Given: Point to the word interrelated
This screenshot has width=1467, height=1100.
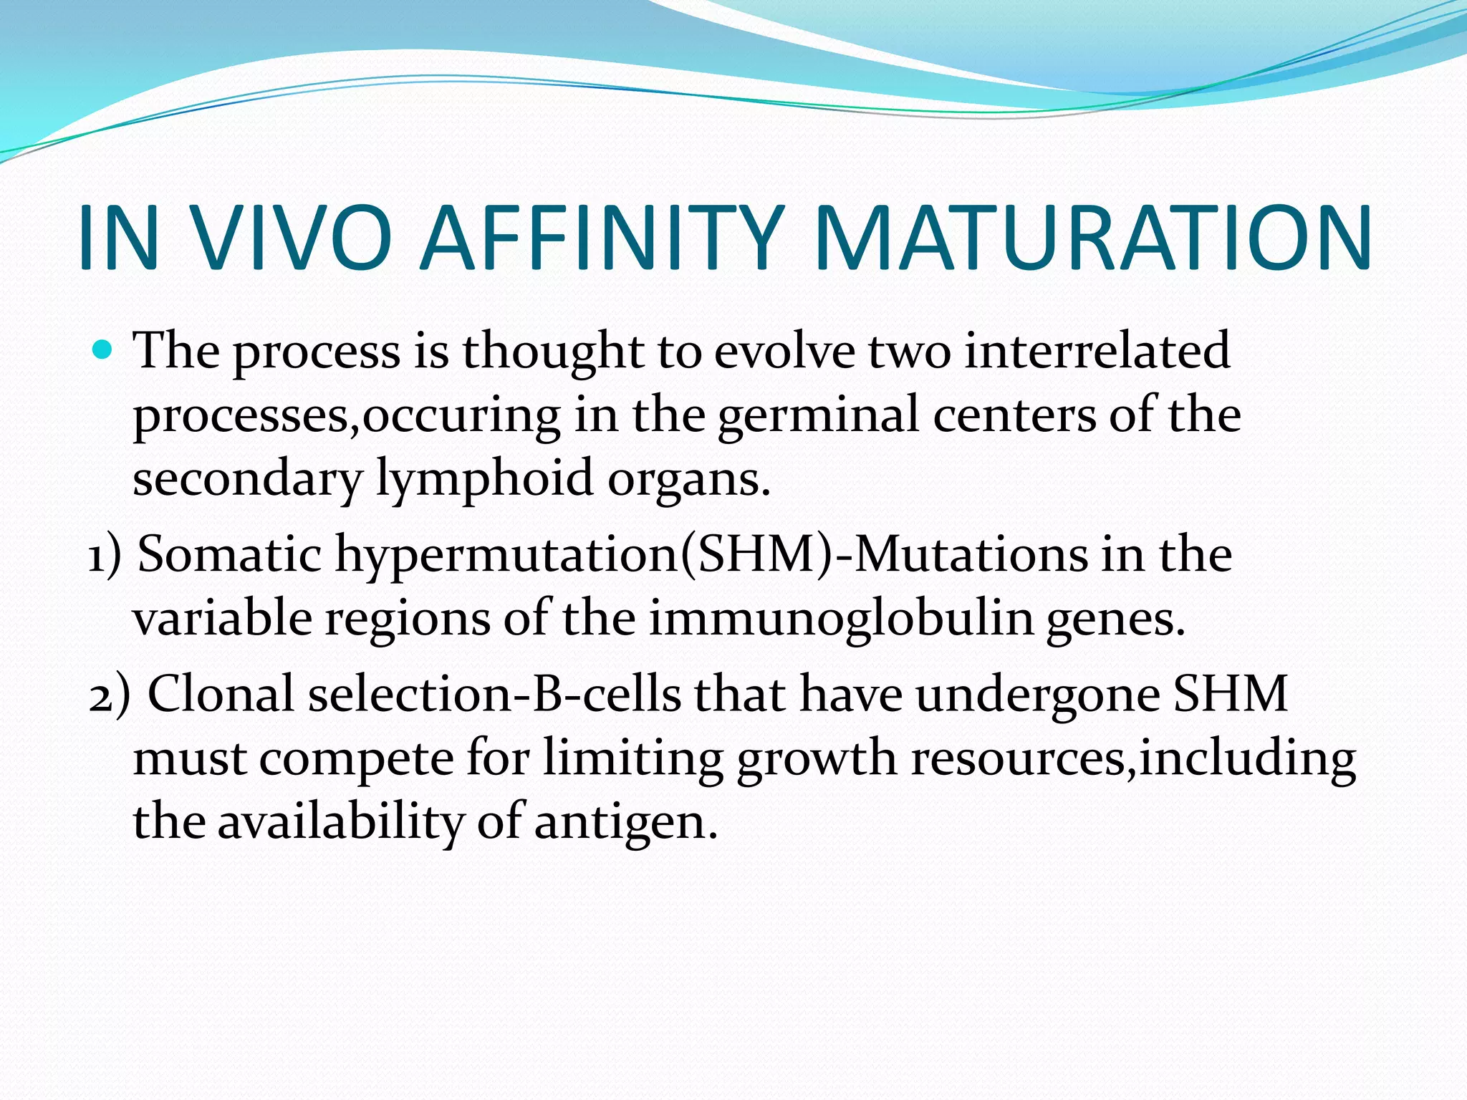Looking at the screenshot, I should tap(1097, 350).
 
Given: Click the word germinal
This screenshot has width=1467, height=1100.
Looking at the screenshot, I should tap(817, 415).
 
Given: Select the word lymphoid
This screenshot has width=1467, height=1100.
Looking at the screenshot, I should tap(484, 478).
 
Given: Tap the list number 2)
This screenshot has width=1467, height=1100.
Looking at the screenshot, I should tap(109, 695).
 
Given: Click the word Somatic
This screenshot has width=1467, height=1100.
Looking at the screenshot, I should tap(229, 554).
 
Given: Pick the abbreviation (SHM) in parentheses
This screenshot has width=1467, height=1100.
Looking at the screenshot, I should tap(756, 554).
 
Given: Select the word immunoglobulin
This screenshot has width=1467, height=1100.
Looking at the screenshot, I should tap(841, 617).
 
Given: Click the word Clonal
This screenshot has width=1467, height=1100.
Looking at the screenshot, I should tap(221, 694).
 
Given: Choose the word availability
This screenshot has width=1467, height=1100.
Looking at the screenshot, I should tap(340, 822).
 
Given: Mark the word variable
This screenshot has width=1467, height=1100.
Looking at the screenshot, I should tap(222, 617).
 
